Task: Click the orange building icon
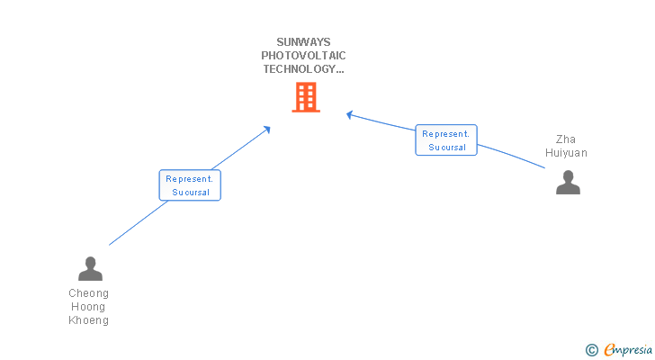pos(306,97)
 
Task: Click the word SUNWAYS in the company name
pos(303,41)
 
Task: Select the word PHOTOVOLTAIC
pos(303,55)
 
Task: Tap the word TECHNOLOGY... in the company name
pos(303,68)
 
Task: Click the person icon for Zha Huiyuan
pos(568,182)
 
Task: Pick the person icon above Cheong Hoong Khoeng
pos(90,268)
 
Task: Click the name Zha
pos(566,139)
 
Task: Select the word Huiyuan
pos(566,153)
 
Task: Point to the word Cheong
pos(88,293)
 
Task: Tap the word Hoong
pos(88,307)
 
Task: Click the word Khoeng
pos(88,320)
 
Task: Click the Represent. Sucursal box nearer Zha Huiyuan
pos(446,139)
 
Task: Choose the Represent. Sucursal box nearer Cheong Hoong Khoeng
pos(190,185)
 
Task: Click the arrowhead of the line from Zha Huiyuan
pos(350,114)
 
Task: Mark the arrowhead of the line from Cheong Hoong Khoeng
pos(266,130)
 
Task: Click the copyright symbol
pos(591,350)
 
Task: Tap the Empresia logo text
pos(629,350)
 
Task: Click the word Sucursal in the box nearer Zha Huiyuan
pos(447,147)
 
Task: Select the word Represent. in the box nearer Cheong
pos(190,178)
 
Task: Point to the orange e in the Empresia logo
pos(609,350)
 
